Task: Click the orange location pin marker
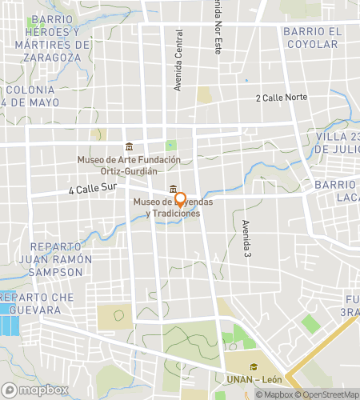tap(181, 199)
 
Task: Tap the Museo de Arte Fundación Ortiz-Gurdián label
tap(129, 165)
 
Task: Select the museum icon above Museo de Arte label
tap(130, 146)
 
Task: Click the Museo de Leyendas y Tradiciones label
tap(167, 207)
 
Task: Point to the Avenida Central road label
tap(179, 60)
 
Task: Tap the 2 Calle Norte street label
tap(281, 98)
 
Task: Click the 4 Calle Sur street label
tap(93, 190)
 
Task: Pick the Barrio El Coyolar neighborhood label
tap(312, 38)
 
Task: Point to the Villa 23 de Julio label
tap(337, 142)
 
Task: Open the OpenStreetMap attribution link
tap(328, 394)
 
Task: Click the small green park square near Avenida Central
tap(170, 146)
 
